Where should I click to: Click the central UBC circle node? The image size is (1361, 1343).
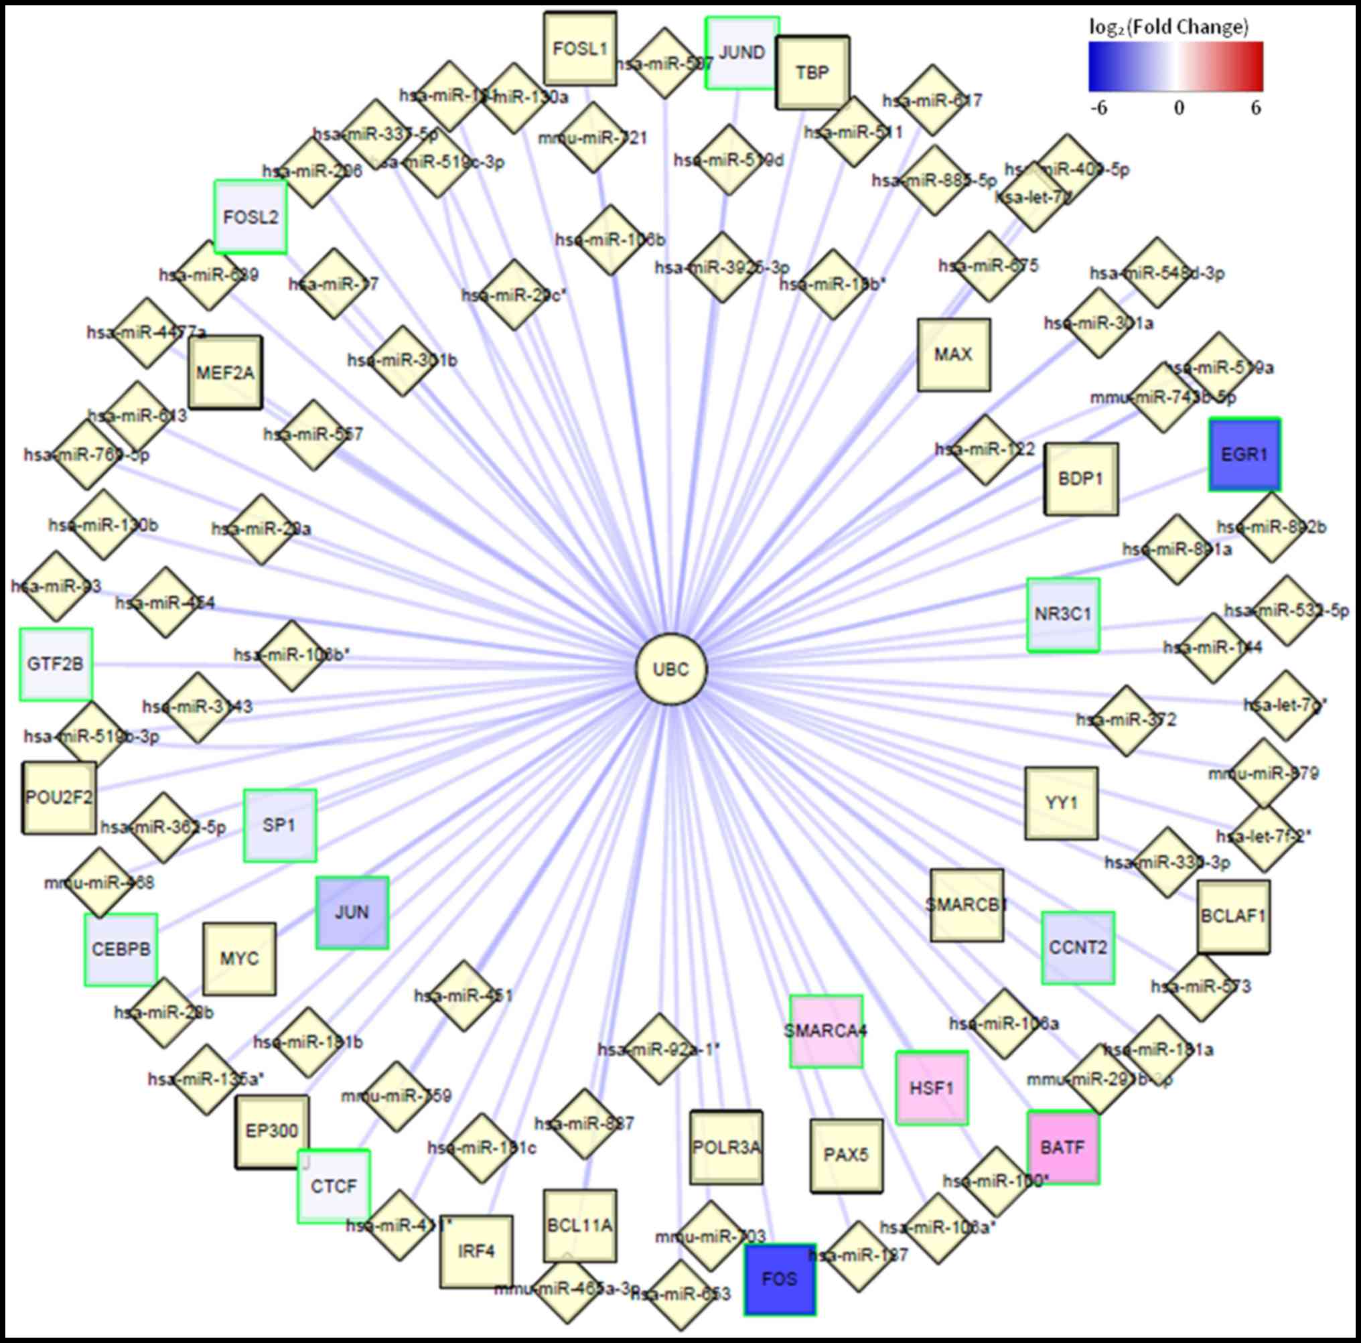pos(670,668)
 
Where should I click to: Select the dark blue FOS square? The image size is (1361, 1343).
pos(780,1279)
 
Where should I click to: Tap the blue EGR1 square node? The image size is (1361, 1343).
pos(1244,455)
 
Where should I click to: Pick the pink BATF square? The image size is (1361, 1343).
pos(1062,1147)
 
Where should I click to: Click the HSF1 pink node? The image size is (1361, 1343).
pos(931,1088)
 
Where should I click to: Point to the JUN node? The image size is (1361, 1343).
pos(352,912)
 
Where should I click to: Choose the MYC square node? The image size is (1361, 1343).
pos(239,959)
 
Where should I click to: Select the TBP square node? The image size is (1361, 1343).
pos(812,72)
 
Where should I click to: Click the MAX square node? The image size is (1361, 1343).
pos(953,354)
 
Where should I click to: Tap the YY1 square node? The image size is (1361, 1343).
pos(1061,802)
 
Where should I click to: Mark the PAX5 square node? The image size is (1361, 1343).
pos(846,1155)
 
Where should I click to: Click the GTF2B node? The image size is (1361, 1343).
pos(56,664)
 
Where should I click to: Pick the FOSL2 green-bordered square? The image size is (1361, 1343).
pos(250,217)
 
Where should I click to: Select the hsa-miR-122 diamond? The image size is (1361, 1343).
pos(985,449)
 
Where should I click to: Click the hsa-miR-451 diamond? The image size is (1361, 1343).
pos(463,995)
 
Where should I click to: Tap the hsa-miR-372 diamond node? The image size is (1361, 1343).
pos(1126,720)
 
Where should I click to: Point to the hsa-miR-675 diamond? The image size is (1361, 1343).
pos(989,266)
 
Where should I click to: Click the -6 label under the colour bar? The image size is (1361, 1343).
pos(1098,109)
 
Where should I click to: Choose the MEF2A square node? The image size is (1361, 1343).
pos(226,372)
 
